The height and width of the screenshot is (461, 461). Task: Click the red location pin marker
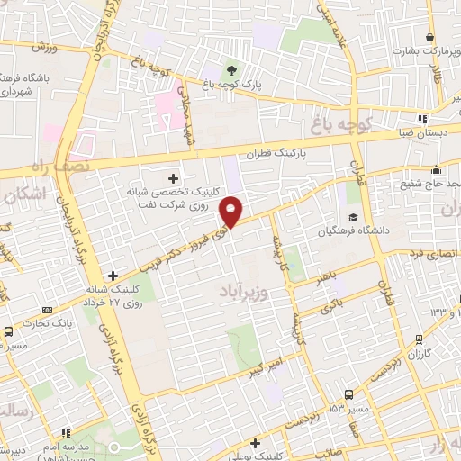coord(232,212)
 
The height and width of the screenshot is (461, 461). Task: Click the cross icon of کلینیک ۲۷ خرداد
coord(112,275)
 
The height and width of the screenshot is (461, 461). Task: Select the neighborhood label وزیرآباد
coord(244,292)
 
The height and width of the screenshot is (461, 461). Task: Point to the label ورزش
coord(41,47)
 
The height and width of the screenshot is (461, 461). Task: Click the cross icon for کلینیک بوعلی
coord(256,443)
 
